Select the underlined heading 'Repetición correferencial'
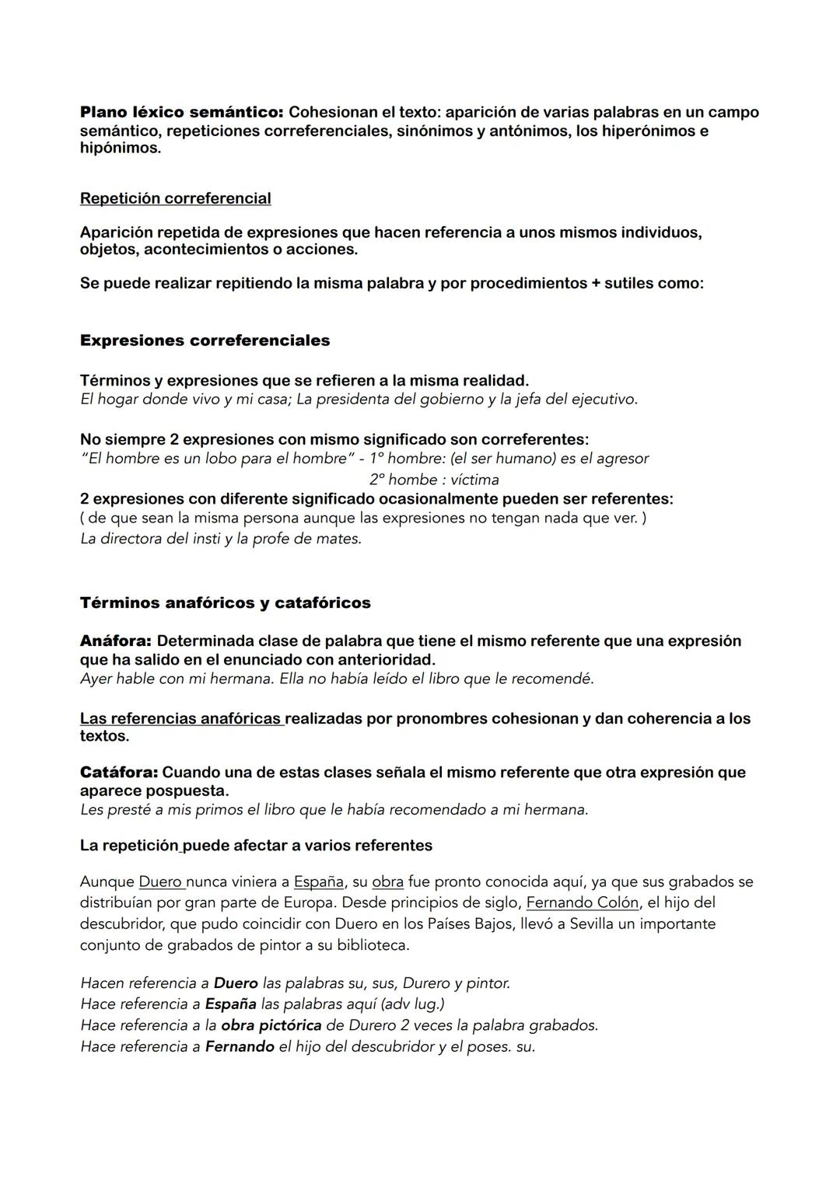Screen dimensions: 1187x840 pyautogui.click(x=175, y=198)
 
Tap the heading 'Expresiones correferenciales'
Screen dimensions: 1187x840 pyautogui.click(x=205, y=340)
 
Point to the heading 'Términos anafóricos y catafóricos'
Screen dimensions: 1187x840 pyautogui.click(x=225, y=602)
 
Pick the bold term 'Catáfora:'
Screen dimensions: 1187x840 pyautogui.click(x=118, y=773)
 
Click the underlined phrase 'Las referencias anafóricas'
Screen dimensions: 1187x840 pyautogui.click(x=181, y=718)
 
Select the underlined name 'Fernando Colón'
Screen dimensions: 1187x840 pyautogui.click(x=583, y=903)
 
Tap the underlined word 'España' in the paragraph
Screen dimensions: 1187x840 pyautogui.click(x=318, y=882)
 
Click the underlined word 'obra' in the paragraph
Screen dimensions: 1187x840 pyautogui.click(x=387, y=882)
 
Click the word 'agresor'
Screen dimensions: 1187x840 pyautogui.click(x=622, y=459)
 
